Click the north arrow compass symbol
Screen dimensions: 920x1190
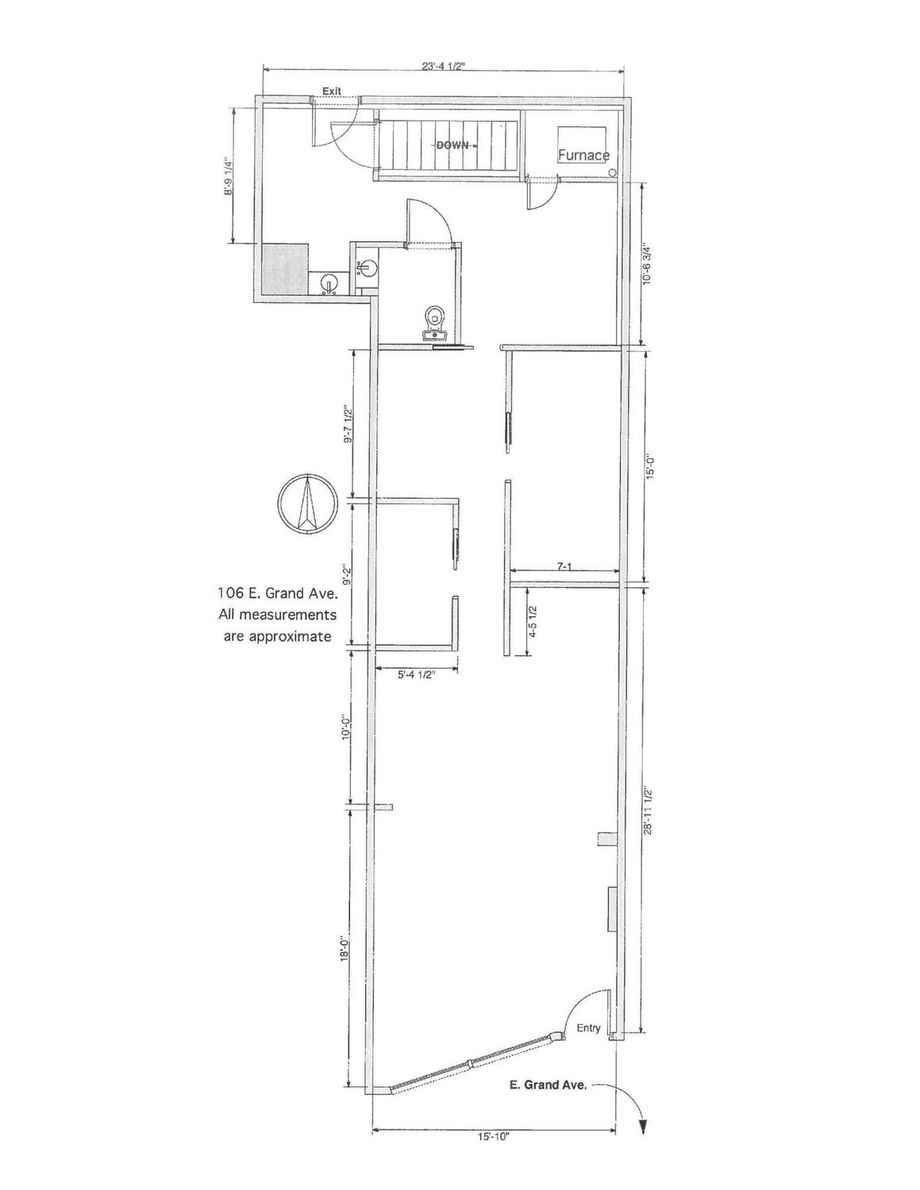[x=306, y=501]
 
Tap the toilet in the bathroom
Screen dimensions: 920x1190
[x=436, y=323]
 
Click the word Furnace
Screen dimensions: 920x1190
[x=583, y=155]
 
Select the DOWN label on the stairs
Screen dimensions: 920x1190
[x=452, y=146]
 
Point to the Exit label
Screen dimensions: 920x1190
[x=332, y=91]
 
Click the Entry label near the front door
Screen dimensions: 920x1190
[x=588, y=1028]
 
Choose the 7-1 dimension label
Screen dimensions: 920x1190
[x=564, y=566]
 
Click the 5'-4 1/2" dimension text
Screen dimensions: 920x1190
[x=415, y=674]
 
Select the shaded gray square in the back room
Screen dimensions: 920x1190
[x=284, y=269]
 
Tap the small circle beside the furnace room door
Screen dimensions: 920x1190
[x=613, y=172]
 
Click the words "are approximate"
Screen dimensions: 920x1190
[x=277, y=637]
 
